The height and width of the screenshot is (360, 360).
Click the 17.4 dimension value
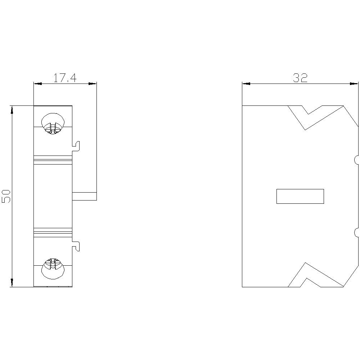(65, 78)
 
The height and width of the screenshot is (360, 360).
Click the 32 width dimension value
(300, 78)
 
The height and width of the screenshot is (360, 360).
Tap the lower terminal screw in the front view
(53, 268)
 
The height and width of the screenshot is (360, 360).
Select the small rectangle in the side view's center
(300, 196)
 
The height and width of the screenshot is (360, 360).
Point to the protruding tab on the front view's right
(85, 196)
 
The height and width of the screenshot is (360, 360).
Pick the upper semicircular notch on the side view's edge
(356, 159)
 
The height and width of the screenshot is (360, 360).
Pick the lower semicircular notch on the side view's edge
(356, 232)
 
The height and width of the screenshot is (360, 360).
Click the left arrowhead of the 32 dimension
(246, 84)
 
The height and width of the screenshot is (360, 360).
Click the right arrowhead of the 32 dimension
(354, 84)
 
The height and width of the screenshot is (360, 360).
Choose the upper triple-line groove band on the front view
(53, 158)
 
